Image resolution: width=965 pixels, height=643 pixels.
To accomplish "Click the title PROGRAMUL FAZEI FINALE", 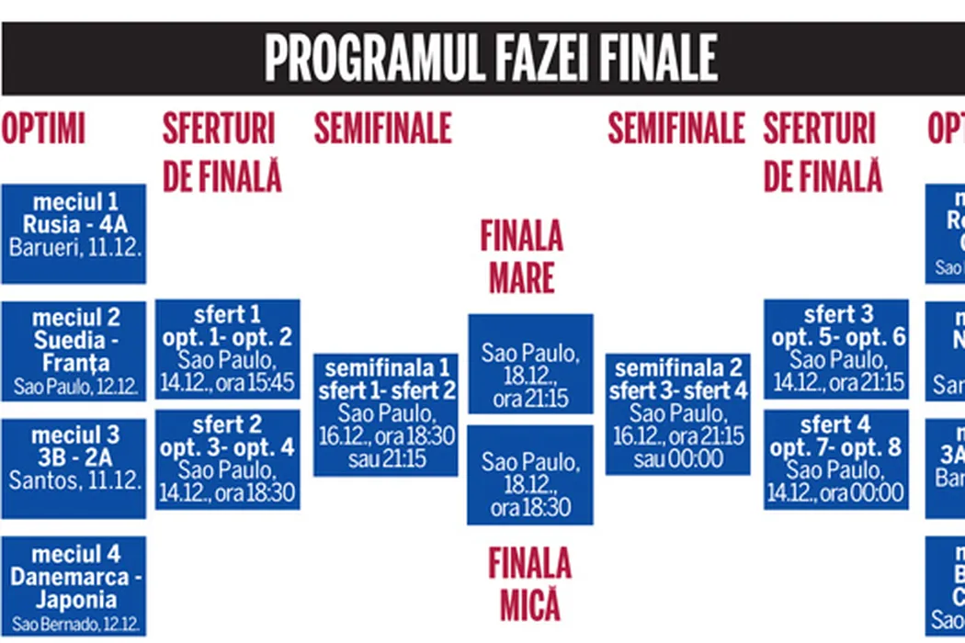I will click(490, 59).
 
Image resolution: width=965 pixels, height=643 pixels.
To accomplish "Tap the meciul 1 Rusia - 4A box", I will click(74, 234).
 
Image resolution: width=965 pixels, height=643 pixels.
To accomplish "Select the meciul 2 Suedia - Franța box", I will click(74, 351).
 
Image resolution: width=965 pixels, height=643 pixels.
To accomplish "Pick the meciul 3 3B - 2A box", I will click(74, 468).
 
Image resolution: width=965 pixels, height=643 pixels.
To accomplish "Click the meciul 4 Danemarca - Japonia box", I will click(74, 586).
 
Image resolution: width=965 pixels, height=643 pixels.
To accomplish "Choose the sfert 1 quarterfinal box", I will click(228, 349).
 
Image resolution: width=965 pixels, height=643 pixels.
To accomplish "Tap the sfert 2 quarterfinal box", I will click(228, 459).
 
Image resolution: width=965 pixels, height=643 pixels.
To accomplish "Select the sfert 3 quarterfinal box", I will click(836, 349).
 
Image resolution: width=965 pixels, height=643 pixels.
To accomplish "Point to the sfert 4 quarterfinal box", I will click(836, 459).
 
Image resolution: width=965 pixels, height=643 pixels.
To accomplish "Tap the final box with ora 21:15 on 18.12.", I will click(530, 364).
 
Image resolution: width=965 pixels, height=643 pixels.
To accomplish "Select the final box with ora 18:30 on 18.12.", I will click(530, 474).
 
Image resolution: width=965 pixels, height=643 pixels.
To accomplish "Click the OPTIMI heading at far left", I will click(43, 130).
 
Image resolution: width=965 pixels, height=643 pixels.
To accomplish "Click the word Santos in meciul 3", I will click(40, 479).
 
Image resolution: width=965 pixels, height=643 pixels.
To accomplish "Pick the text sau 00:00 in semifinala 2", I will click(678, 457).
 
